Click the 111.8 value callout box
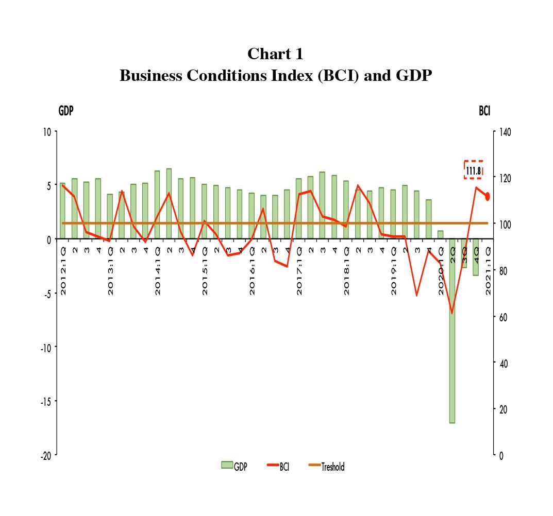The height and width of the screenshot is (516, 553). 473,170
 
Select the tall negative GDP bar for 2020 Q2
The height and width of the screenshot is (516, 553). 452,360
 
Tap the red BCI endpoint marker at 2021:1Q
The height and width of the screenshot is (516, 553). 487,196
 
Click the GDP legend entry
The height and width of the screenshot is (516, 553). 234,467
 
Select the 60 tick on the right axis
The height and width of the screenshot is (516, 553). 501,317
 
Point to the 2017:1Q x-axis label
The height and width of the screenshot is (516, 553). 299,270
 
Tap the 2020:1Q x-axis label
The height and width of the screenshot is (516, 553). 441,270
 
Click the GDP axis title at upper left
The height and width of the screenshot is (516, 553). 65,111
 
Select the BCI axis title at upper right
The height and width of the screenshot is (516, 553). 484,111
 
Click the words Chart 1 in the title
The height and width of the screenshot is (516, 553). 276,54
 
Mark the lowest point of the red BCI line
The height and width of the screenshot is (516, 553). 452,313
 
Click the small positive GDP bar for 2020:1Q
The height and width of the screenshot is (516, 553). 441,235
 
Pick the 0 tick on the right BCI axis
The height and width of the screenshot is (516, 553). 499,455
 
